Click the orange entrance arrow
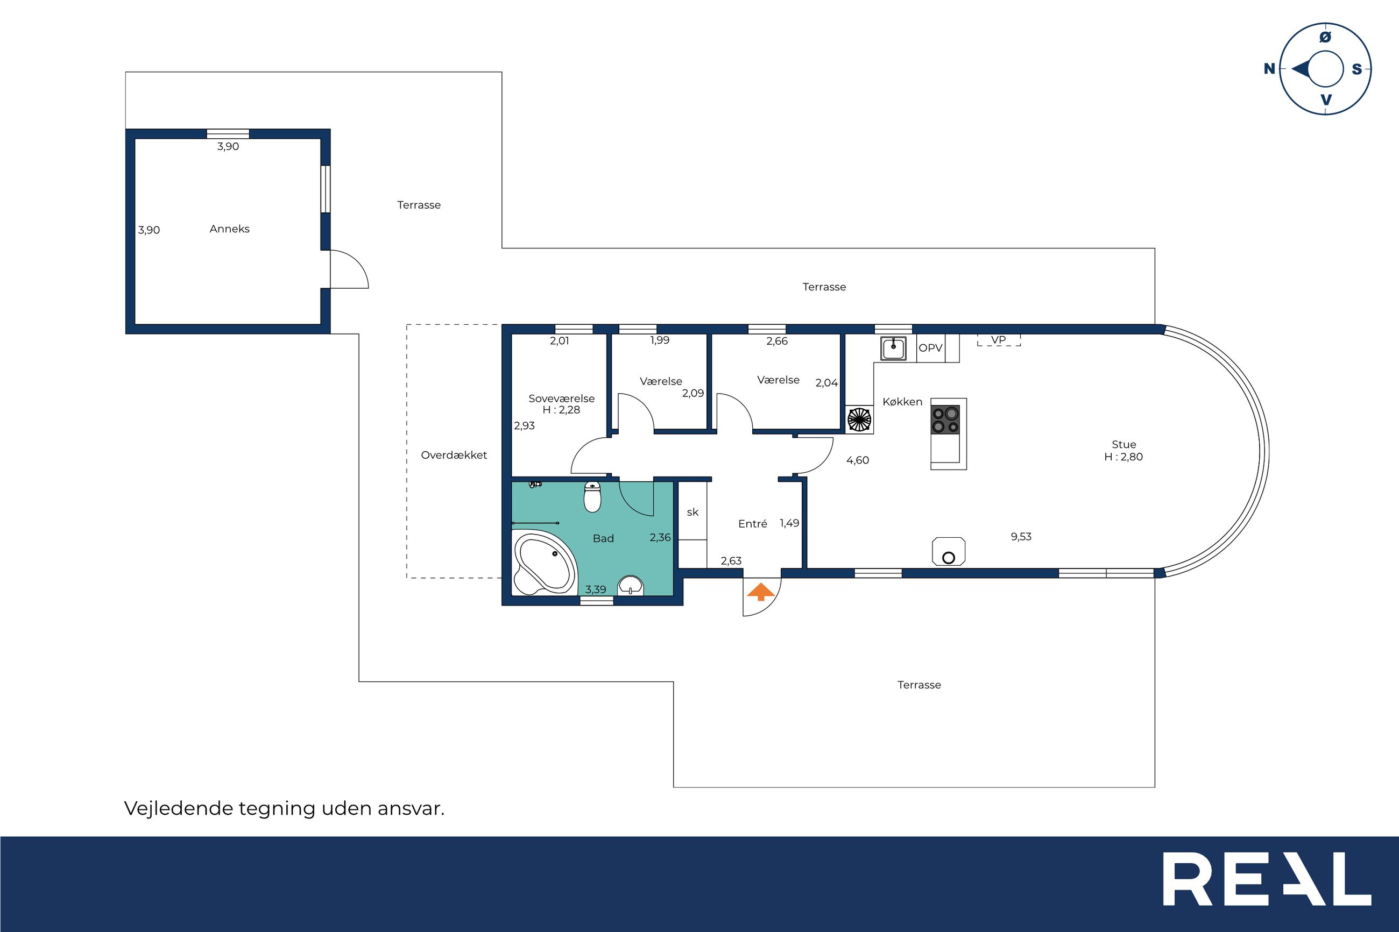click(x=761, y=592)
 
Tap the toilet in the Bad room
click(x=592, y=497)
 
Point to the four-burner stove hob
click(x=945, y=419)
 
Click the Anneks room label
click(x=230, y=229)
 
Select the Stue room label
click(x=1124, y=444)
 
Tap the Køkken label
click(x=902, y=402)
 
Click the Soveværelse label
click(x=561, y=399)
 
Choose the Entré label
click(x=753, y=524)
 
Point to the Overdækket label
click(x=454, y=456)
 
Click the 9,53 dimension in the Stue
click(x=1021, y=537)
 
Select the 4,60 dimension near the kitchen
click(x=857, y=460)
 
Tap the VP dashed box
click(x=999, y=340)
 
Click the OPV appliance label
click(x=930, y=348)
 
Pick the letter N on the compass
click(x=1269, y=68)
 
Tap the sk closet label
click(x=693, y=512)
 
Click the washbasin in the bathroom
click(x=630, y=586)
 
